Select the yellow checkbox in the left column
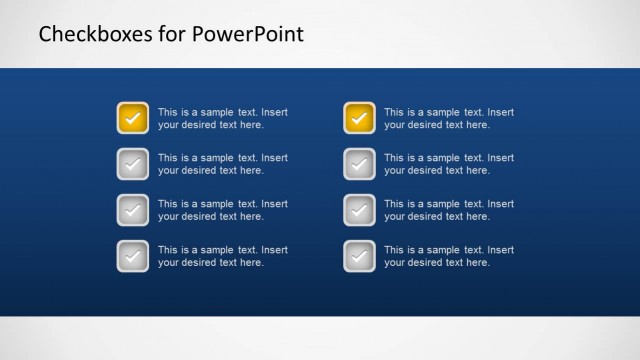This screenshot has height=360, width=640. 132,118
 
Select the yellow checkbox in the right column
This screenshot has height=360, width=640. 359,118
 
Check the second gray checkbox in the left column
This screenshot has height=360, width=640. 132,210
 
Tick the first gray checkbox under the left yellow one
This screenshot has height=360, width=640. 132,164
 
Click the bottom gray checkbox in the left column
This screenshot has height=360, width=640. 132,256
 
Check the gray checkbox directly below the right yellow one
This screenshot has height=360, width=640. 359,164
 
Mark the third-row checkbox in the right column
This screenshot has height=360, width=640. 359,210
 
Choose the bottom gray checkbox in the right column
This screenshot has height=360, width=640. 359,256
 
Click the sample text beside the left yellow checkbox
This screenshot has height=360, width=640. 222,119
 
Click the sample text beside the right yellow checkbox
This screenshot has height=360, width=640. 449,119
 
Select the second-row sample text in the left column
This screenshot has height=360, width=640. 222,164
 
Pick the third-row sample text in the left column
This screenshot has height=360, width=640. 222,210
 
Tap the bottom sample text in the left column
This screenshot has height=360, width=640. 222,256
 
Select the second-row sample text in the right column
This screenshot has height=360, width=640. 449,164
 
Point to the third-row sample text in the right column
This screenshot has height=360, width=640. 449,210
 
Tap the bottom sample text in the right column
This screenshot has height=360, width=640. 449,256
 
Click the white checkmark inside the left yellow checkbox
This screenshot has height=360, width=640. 132,119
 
